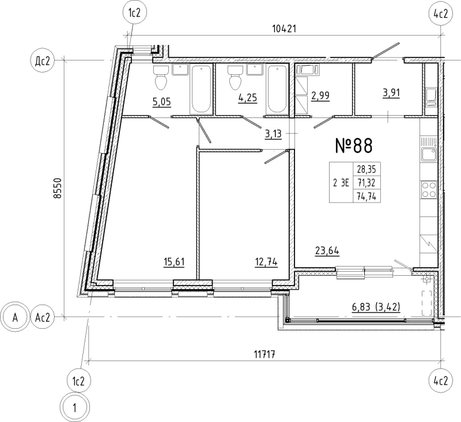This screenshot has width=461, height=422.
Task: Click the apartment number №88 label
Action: (354, 146)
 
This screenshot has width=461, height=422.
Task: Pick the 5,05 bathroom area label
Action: (162, 103)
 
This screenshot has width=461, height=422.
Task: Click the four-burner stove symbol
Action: (428, 189)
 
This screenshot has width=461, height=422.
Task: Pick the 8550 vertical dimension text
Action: (56, 187)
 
